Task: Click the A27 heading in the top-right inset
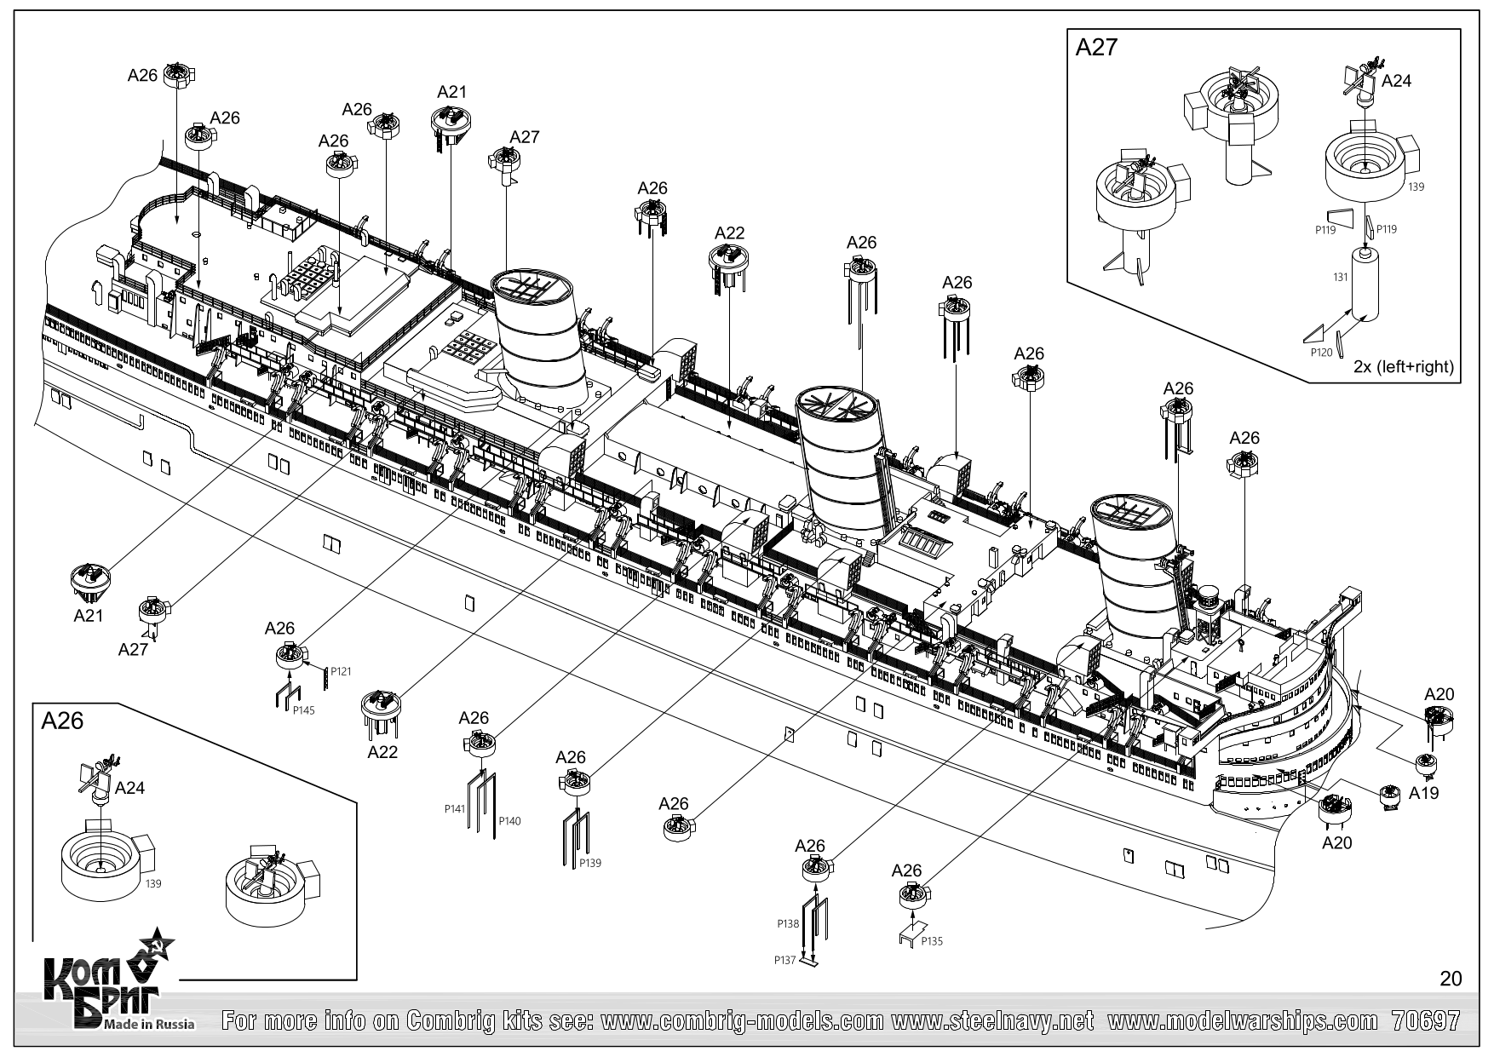pos(1096,48)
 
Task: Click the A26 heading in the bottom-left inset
pos(62,721)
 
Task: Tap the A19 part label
pos(1423,793)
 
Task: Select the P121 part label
pos(341,672)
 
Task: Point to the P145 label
pos(303,710)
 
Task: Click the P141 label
pos(455,809)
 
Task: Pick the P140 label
pos(509,821)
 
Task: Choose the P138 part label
pos(788,923)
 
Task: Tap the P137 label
pos(785,960)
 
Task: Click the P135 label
pos(932,941)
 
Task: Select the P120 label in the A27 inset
pos(1321,350)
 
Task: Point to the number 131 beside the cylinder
pos(1340,278)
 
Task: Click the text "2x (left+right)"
pos(1404,368)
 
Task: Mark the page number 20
pos(1450,979)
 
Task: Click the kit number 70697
pos(1425,1020)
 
